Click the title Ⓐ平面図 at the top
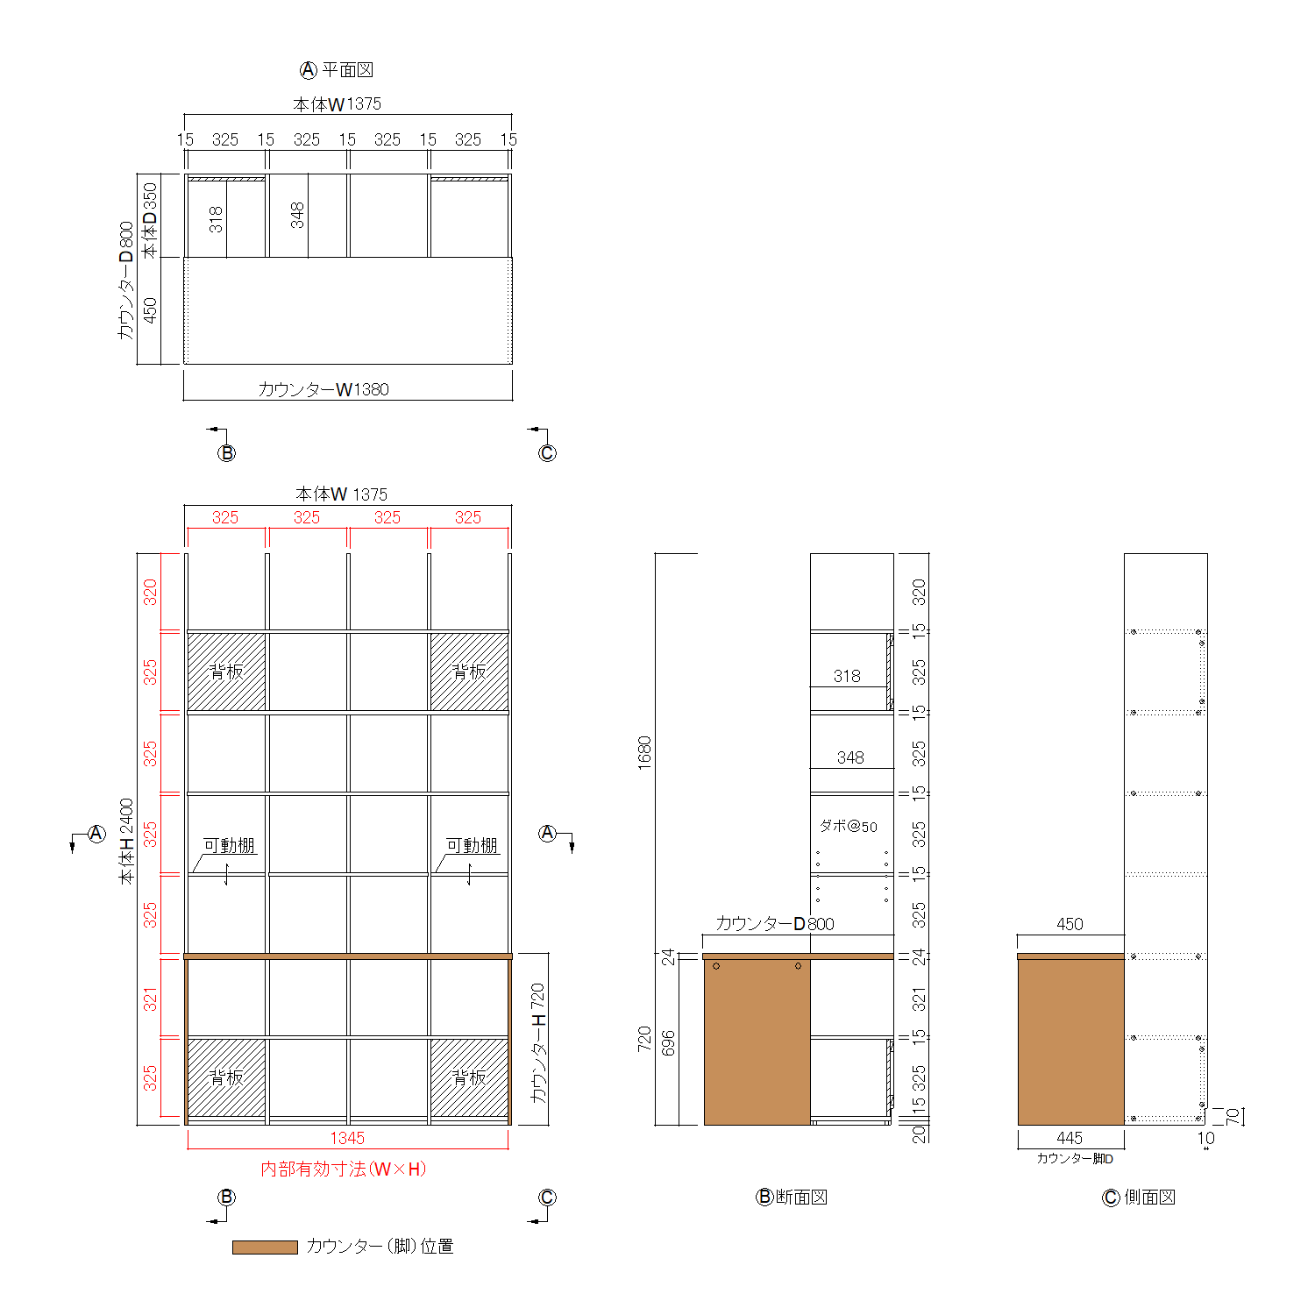(338, 70)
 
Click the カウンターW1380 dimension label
(323, 389)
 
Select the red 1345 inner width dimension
(347, 1138)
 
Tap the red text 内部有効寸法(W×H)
(344, 1169)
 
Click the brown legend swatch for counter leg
(265, 1247)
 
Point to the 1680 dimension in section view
(645, 753)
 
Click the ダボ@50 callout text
(848, 826)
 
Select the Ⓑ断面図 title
(792, 1197)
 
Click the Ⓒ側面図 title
(1139, 1197)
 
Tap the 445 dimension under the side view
(1070, 1138)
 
